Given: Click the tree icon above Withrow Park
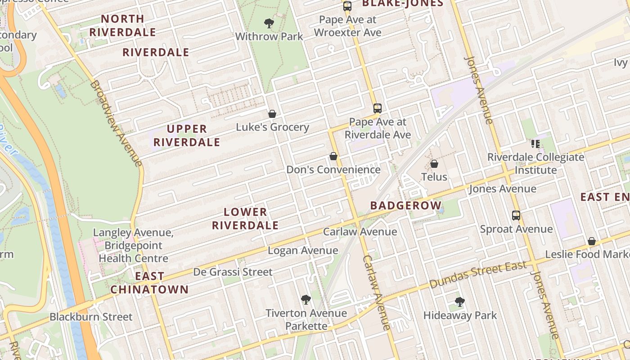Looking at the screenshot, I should pyautogui.click(x=269, y=23).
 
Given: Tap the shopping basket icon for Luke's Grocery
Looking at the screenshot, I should pyautogui.click(x=272, y=114).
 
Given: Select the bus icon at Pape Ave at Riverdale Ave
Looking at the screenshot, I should pyautogui.click(x=378, y=108).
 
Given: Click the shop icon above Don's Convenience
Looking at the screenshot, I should pyautogui.click(x=333, y=156).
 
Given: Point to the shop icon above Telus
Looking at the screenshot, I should pyautogui.click(x=434, y=163).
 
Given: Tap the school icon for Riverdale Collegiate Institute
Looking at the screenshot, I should pyautogui.click(x=535, y=144).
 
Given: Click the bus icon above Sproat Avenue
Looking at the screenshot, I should pyautogui.click(x=516, y=216).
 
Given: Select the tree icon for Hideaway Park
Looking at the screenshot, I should pyautogui.click(x=459, y=302).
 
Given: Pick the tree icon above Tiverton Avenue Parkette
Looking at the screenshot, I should pyautogui.click(x=306, y=300).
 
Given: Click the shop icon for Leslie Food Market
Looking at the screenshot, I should pyautogui.click(x=592, y=241).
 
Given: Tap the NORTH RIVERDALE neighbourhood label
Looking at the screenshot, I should pyautogui.click(x=122, y=26).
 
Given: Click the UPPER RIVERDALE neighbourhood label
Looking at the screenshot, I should pyautogui.click(x=187, y=135).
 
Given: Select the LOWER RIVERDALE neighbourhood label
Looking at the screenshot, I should pyautogui.click(x=245, y=219).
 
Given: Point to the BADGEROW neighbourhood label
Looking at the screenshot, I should pyautogui.click(x=406, y=206).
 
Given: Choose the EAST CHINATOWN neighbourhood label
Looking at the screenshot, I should pyautogui.click(x=149, y=283).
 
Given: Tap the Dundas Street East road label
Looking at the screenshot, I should pyautogui.click(x=477, y=275).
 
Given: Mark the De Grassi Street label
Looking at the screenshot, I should pyautogui.click(x=233, y=272).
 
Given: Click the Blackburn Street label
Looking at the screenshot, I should pyautogui.click(x=91, y=317).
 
